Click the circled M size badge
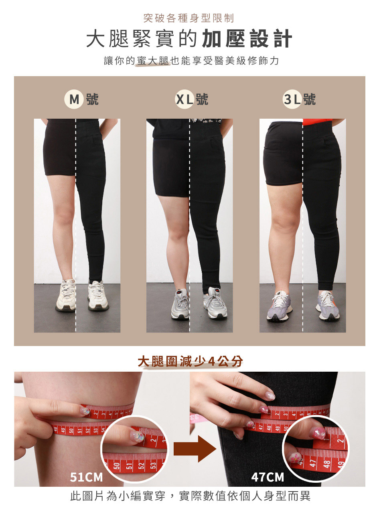74,99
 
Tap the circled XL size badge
184,99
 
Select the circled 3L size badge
292,99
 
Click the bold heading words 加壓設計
247,38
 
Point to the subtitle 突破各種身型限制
188,18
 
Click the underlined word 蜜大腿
153,61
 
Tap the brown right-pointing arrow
195,449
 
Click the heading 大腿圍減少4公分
190,362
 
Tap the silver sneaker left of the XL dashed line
180,304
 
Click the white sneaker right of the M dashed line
98,295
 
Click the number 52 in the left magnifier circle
142,464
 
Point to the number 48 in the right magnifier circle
327,463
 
